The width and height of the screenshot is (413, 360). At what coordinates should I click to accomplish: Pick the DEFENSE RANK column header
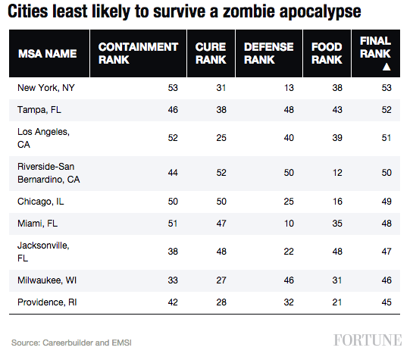(268, 54)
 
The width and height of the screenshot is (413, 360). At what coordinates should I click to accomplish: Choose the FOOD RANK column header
(327, 54)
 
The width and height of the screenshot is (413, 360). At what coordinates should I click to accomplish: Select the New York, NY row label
(45, 88)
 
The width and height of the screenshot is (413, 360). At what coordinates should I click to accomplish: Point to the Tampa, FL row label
(40, 110)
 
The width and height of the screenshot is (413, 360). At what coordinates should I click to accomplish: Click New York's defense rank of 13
(288, 88)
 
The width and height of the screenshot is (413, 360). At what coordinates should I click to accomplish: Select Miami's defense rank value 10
(288, 224)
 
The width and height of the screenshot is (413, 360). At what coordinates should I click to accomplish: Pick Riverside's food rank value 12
(337, 173)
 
